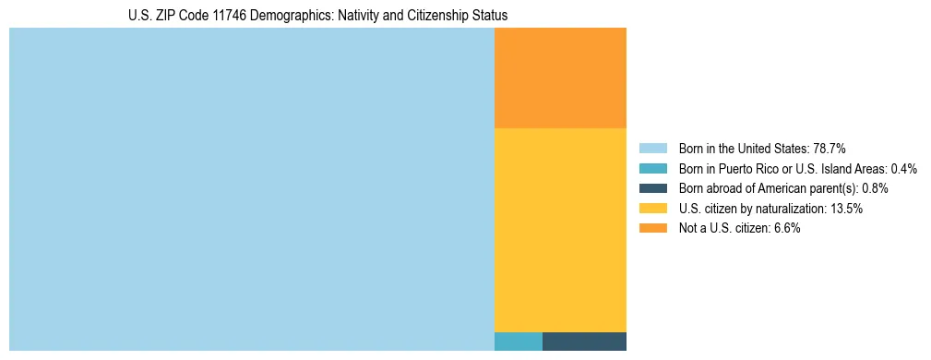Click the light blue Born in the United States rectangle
[251, 189]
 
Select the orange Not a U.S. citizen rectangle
[560, 78]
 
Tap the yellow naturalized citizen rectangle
[560, 229]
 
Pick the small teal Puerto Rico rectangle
[518, 341]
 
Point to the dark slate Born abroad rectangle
[584, 341]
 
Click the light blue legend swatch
[652, 149]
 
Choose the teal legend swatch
[652, 169]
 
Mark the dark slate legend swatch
[652, 188]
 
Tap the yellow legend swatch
[652, 209]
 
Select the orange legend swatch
[652, 229]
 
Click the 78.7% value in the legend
[830, 149]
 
